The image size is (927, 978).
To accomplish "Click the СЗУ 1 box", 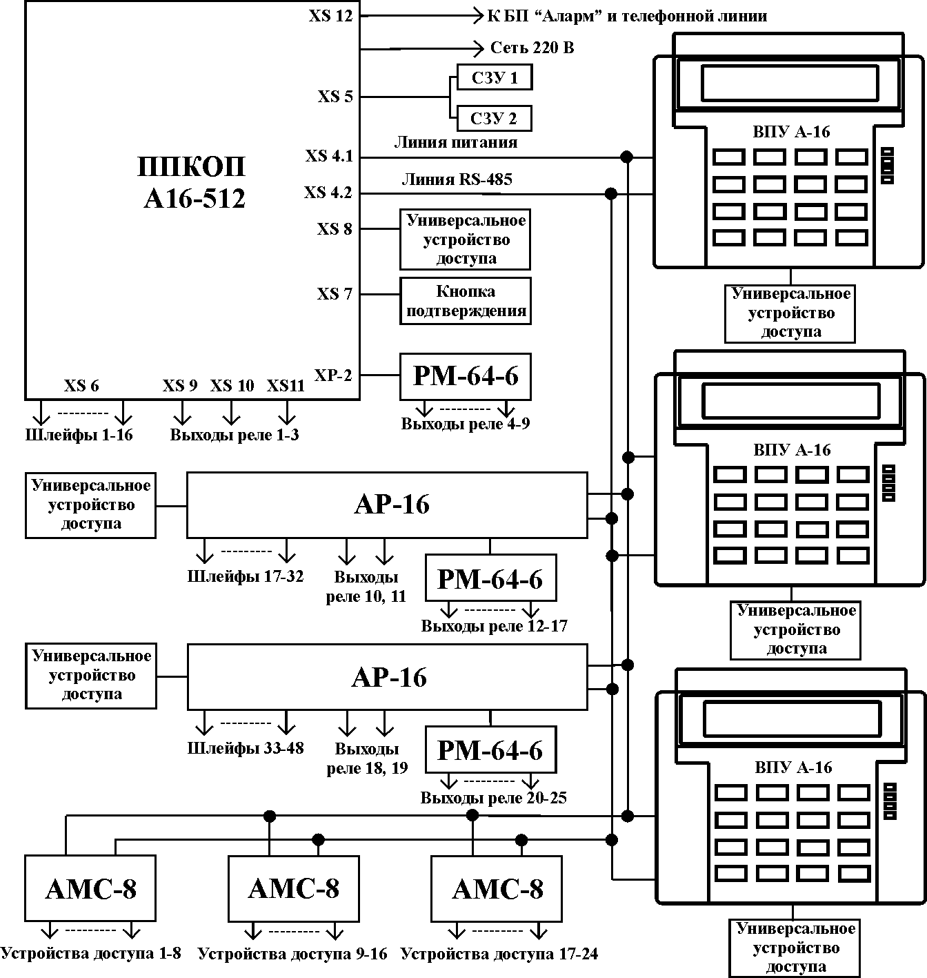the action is (x=495, y=77).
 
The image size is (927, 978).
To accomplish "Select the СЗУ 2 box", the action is (x=494, y=119).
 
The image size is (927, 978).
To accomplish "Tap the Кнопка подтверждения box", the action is (x=466, y=301).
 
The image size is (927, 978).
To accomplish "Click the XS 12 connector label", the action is (x=330, y=16).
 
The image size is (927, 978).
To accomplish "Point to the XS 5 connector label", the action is (x=335, y=96).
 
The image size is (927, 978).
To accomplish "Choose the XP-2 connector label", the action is (x=333, y=375).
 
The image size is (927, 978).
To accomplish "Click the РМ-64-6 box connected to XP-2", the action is (x=466, y=377).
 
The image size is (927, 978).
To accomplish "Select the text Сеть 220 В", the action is (x=532, y=48).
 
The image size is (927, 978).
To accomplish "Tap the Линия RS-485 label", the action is (x=457, y=179).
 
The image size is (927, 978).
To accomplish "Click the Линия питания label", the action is (x=455, y=143).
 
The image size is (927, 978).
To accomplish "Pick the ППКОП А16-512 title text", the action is (x=192, y=182).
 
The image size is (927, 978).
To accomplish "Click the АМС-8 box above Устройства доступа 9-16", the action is (x=294, y=888).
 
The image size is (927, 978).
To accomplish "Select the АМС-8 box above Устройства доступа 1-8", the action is (x=90, y=888).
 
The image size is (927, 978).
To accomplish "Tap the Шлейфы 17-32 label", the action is (x=245, y=576).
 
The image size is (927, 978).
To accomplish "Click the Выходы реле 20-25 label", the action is (x=493, y=798).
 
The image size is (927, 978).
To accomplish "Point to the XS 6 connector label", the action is (x=81, y=386).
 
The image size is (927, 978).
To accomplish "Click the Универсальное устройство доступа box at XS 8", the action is (x=466, y=239).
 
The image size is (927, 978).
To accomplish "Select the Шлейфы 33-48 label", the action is (x=245, y=748).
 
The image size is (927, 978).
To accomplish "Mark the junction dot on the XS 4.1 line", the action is (x=626, y=157).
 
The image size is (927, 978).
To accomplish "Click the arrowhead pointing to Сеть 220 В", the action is (x=479, y=49).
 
